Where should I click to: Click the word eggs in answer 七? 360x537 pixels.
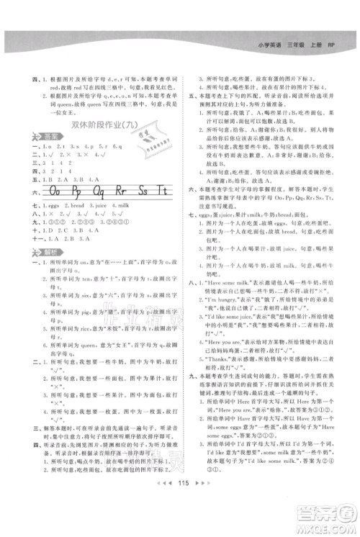[57, 206]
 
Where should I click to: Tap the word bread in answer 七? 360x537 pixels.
[84, 206]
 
